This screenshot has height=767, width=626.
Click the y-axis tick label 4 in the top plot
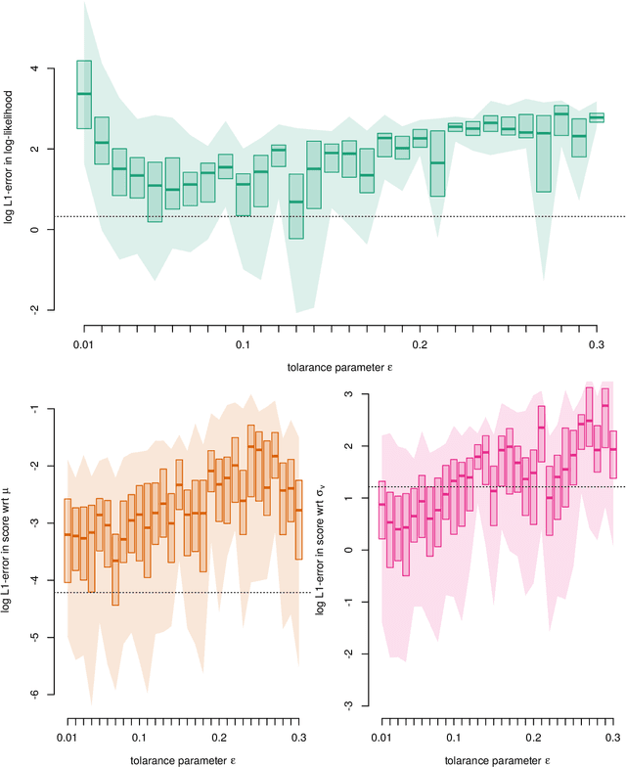coord(37,68)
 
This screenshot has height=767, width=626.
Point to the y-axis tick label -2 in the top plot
coord(37,309)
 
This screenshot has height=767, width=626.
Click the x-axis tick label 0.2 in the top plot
coord(419,346)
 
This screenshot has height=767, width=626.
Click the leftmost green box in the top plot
coord(84,94)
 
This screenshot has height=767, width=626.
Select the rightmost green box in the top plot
coord(597,117)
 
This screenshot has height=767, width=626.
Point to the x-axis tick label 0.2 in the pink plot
coord(533,736)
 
